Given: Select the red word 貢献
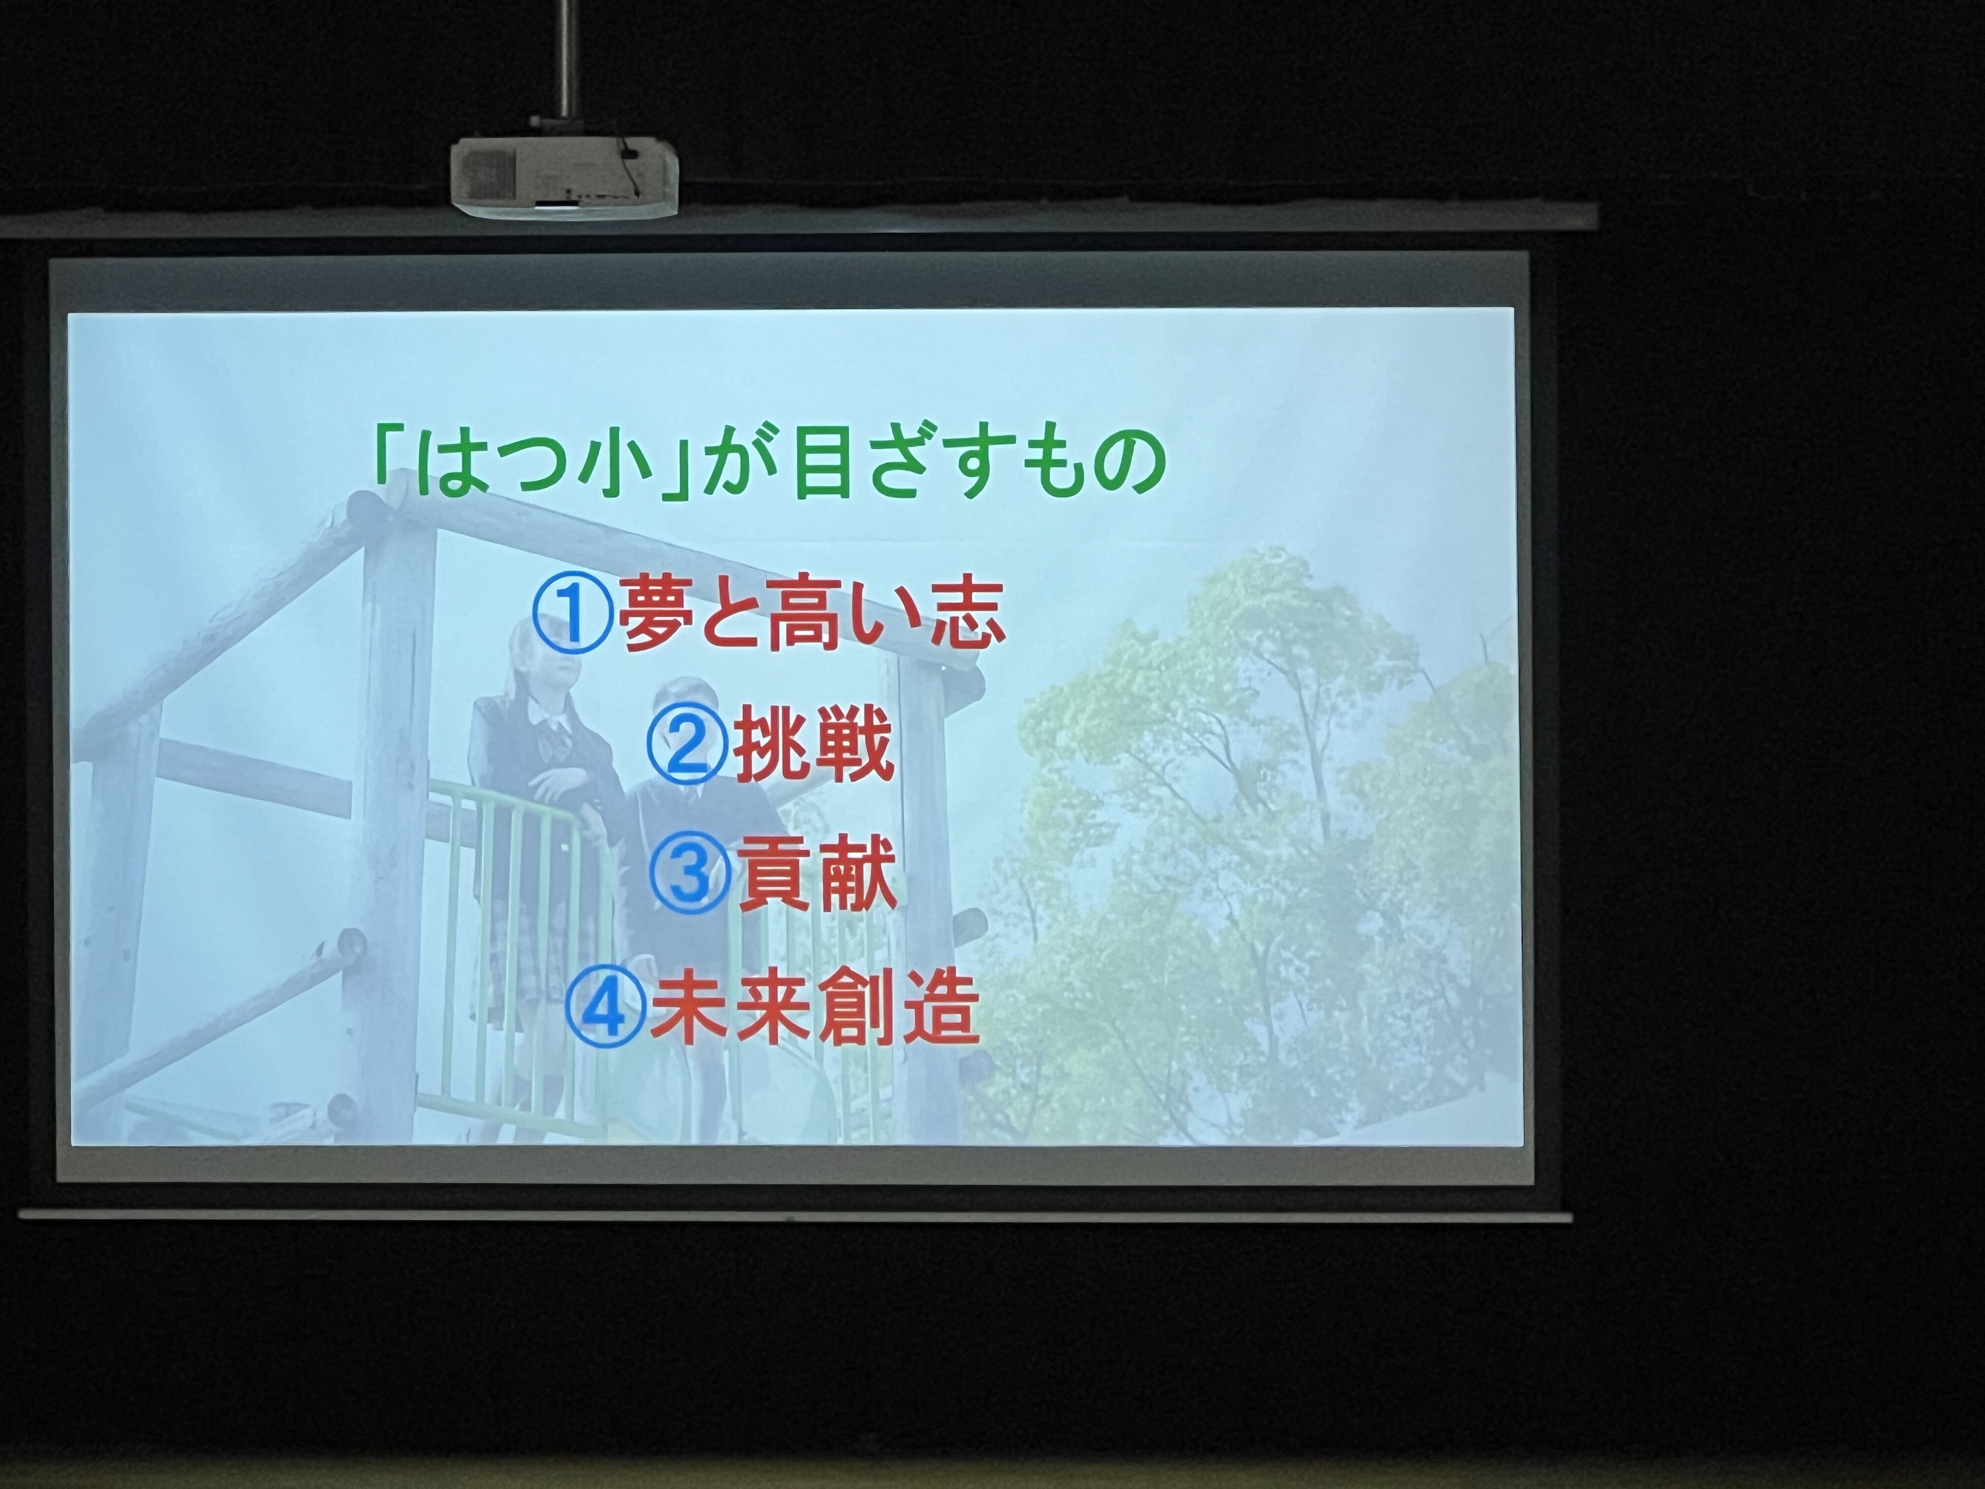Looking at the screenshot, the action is (x=817, y=874).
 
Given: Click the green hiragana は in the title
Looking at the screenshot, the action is (x=454, y=463).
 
